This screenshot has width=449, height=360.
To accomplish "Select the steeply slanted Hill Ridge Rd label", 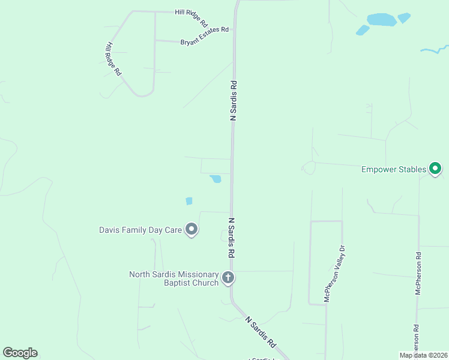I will pyautogui.click(x=113, y=59).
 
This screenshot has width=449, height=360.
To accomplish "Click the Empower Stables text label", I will pyautogui.click(x=394, y=169).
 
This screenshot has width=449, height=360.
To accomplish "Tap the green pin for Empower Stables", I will pyautogui.click(x=436, y=169).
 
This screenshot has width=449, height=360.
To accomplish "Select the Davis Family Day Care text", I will pyautogui.click(x=140, y=229).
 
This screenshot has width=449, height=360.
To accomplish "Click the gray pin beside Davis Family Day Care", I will pyautogui.click(x=191, y=229).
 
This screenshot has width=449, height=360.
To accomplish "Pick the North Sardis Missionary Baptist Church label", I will pyautogui.click(x=173, y=278).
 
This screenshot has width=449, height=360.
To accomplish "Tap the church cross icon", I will pyautogui.click(x=228, y=278).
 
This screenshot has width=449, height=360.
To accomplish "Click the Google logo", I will pyautogui.click(x=20, y=353).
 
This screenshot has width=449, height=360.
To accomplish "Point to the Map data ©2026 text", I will pyautogui.click(x=423, y=355).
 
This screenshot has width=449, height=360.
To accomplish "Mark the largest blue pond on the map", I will pyautogui.click(x=382, y=19).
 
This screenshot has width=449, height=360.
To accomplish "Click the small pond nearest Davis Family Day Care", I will pyautogui.click(x=189, y=201).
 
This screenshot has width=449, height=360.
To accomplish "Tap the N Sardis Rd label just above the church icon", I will pyautogui.click(x=231, y=238).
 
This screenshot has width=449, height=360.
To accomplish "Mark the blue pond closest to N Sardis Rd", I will pyautogui.click(x=215, y=179).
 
